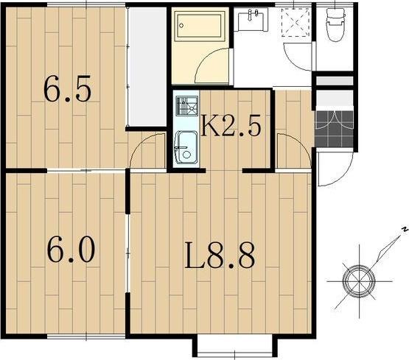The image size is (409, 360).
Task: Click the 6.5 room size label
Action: pos(68,88)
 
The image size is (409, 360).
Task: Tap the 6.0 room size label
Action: pos(71,250)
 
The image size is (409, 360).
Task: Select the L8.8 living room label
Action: pos(220,255)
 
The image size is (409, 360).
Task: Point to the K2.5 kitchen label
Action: pos(231,126)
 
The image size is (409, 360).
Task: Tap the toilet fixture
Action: pos(336,24)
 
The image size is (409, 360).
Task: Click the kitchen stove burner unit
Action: pos(186,106)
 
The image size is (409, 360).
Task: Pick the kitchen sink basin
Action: pos(186,147)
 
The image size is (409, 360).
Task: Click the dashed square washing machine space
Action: pos(296,23)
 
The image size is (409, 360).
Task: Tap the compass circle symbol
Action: pos(359,281)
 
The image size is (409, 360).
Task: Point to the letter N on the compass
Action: pos(405,230)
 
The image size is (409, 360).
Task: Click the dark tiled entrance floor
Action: pos(334,130)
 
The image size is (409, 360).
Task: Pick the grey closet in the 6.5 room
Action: pos(147,67)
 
